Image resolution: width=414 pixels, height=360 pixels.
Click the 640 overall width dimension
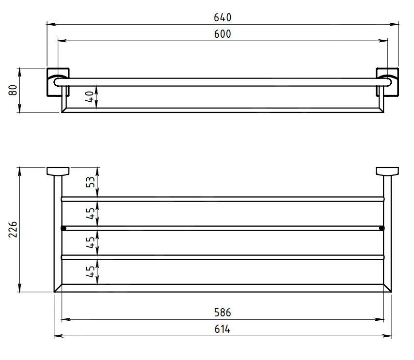click(x=223, y=17)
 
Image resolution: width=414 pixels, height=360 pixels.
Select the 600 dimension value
click(x=223, y=34)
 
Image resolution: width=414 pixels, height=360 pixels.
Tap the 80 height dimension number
click(x=13, y=91)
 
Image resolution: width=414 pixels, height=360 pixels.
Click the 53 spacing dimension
click(x=90, y=182)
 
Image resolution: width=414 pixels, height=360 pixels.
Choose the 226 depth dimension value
click(x=13, y=230)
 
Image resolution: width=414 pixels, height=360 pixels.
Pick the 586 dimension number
click(x=223, y=313)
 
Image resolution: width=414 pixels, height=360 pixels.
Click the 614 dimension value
click(x=223, y=329)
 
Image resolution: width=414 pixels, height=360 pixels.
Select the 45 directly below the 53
click(x=90, y=213)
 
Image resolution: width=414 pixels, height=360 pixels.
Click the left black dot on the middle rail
click(x=63, y=228)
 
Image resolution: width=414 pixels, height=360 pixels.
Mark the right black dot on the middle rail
click(x=382, y=228)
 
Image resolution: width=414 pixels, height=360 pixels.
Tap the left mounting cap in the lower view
click(x=58, y=171)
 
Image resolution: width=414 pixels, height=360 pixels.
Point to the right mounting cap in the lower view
click(x=387, y=171)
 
